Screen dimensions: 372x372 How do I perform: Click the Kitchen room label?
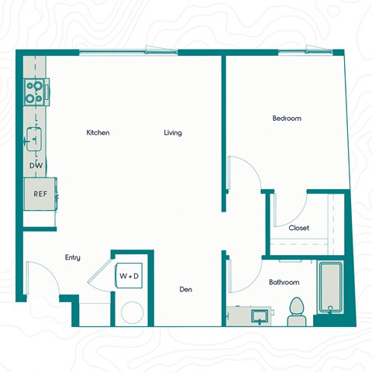click(98, 133)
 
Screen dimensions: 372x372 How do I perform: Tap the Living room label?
click(173, 133)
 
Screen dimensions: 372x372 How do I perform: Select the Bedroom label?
click(286, 119)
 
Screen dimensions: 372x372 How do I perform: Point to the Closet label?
click(298, 228)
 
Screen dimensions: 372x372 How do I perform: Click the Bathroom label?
click(284, 282)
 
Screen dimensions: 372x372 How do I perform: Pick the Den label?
click(186, 290)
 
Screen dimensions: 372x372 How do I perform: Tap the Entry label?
click(73, 257)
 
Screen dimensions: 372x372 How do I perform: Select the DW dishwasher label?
click(36, 166)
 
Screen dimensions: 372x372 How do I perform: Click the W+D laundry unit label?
click(129, 275)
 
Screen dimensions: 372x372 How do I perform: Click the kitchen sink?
click(35, 138)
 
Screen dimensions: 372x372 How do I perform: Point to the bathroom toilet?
click(295, 311)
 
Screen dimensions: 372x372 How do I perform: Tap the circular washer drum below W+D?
click(133, 312)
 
